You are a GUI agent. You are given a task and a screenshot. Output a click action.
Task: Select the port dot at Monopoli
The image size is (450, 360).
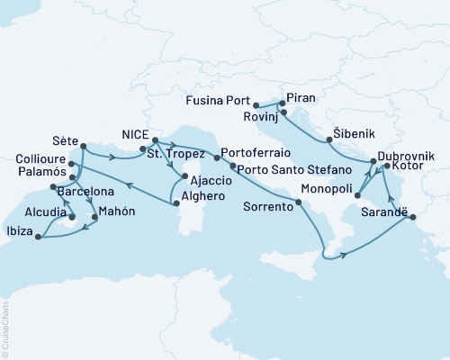[x=356, y=192]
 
